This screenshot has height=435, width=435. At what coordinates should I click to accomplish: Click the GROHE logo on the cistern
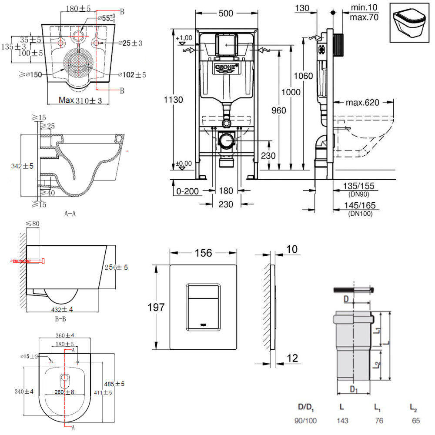click(x=225, y=68)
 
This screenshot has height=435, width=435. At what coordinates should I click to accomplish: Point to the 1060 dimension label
click(x=303, y=76)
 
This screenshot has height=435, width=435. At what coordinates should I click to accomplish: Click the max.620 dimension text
click(x=363, y=103)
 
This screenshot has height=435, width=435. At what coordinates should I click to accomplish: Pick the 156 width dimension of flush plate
click(x=203, y=253)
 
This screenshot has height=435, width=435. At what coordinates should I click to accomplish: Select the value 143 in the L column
click(x=341, y=421)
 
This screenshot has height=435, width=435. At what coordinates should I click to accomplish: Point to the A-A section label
click(x=70, y=214)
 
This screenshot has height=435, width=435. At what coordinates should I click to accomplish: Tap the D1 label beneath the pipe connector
click(x=354, y=388)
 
